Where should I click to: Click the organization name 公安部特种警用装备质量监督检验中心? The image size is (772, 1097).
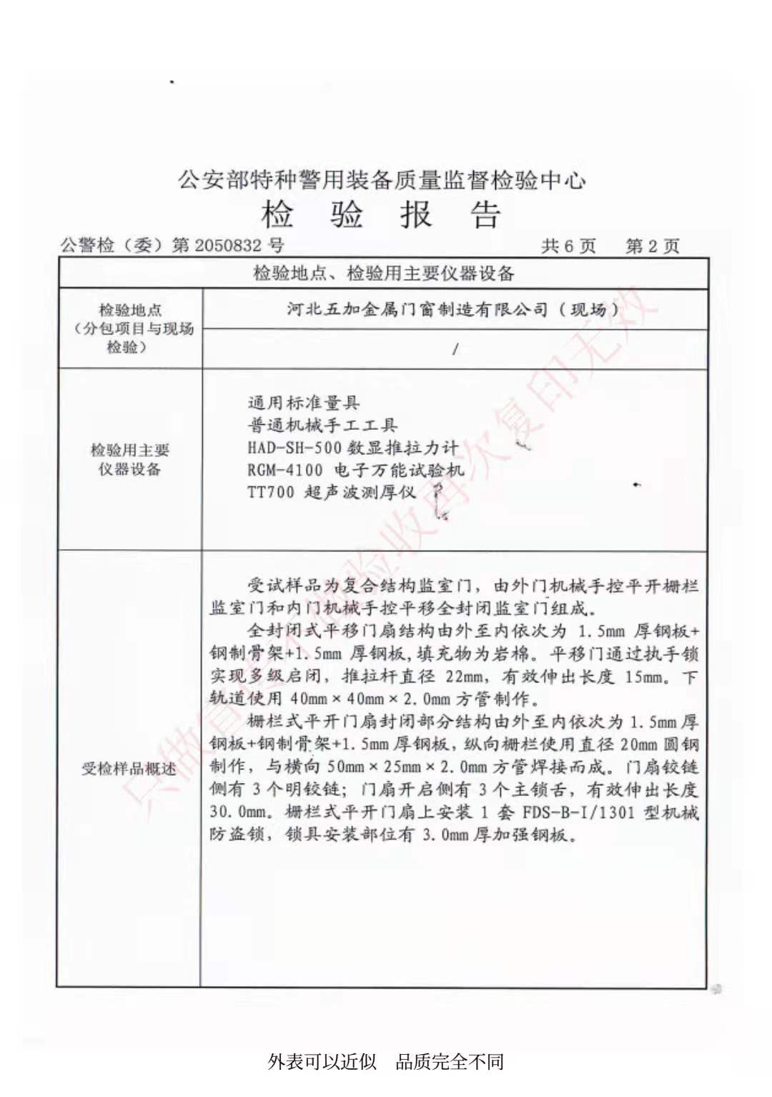[x=382, y=179]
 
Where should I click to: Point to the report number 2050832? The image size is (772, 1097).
[x=228, y=246]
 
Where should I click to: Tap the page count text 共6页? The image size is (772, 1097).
[x=568, y=246]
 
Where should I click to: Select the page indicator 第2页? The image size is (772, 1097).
[x=652, y=246]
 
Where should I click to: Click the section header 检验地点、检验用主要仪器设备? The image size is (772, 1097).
[x=384, y=272]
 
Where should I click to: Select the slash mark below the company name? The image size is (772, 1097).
[x=455, y=349]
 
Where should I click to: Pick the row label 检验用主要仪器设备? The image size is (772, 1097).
[x=130, y=459]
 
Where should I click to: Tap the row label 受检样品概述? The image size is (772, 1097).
[x=129, y=769]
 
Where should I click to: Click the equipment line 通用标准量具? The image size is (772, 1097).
[x=304, y=403]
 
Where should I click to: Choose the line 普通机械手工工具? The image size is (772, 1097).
[x=322, y=425]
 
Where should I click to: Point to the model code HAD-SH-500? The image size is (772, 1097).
[x=294, y=448]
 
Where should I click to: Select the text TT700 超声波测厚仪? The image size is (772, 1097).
[x=331, y=492]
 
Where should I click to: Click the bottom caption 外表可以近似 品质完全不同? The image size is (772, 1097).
[x=386, y=1061]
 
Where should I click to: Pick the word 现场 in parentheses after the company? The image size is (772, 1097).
[x=588, y=309]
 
